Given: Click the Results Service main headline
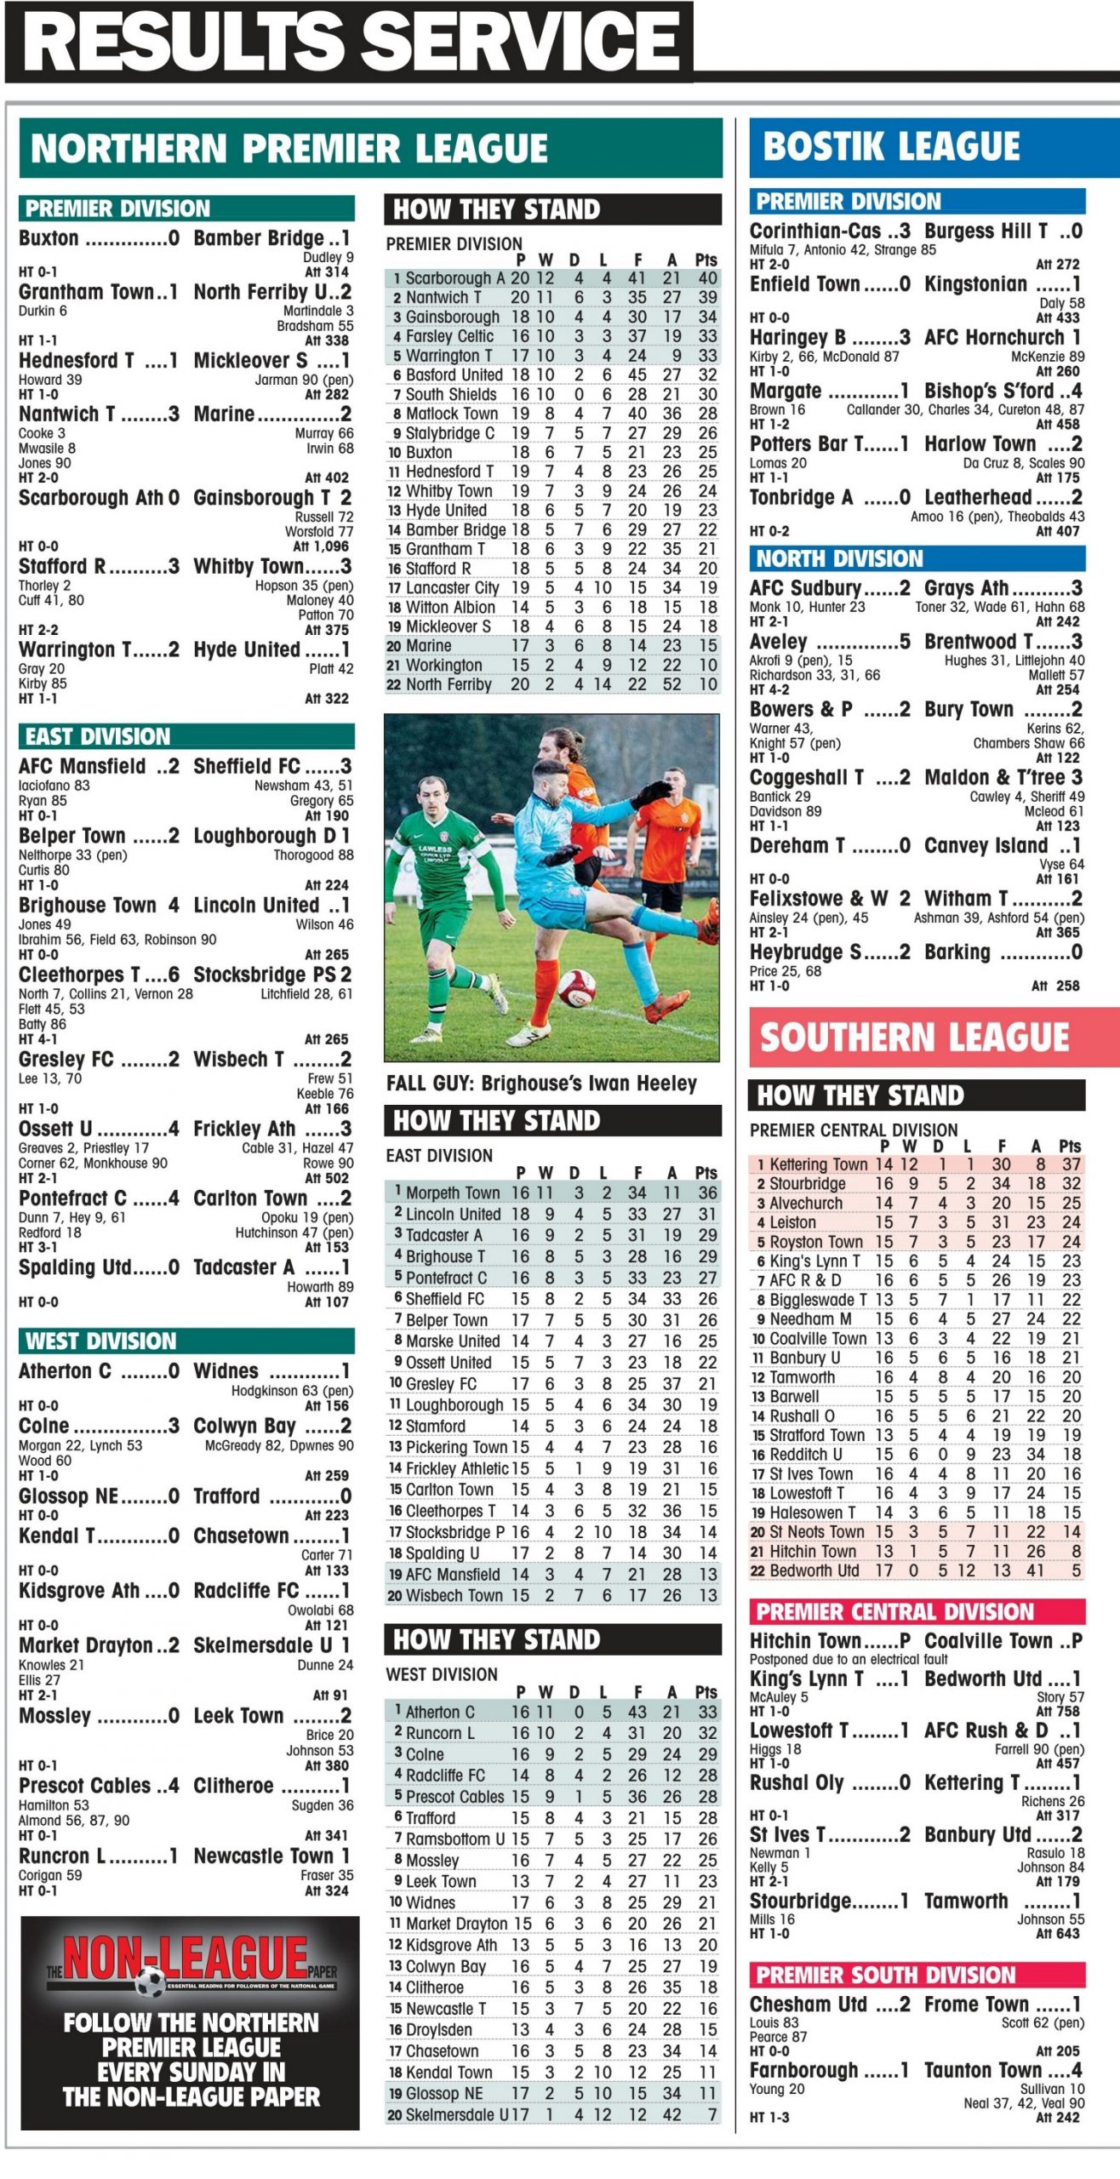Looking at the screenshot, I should pyautogui.click(x=349, y=41).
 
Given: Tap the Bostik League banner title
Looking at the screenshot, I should pyautogui.click(x=891, y=146).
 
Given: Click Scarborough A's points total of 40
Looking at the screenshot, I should pyautogui.click(x=707, y=278).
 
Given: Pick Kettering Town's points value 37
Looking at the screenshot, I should pyautogui.click(x=1071, y=1164).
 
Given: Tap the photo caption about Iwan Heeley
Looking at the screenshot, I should pyautogui.click(x=541, y=1084).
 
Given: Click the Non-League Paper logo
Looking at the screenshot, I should pyautogui.click(x=192, y=1965).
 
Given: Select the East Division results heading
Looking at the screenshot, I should pyautogui.click(x=98, y=736).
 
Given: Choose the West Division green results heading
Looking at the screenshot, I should pyautogui.click(x=100, y=1341).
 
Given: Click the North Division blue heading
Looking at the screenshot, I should pyautogui.click(x=839, y=558).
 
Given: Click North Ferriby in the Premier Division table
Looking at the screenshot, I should pyautogui.click(x=449, y=684).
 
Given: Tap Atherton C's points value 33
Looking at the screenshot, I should pyautogui.click(x=707, y=1712).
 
